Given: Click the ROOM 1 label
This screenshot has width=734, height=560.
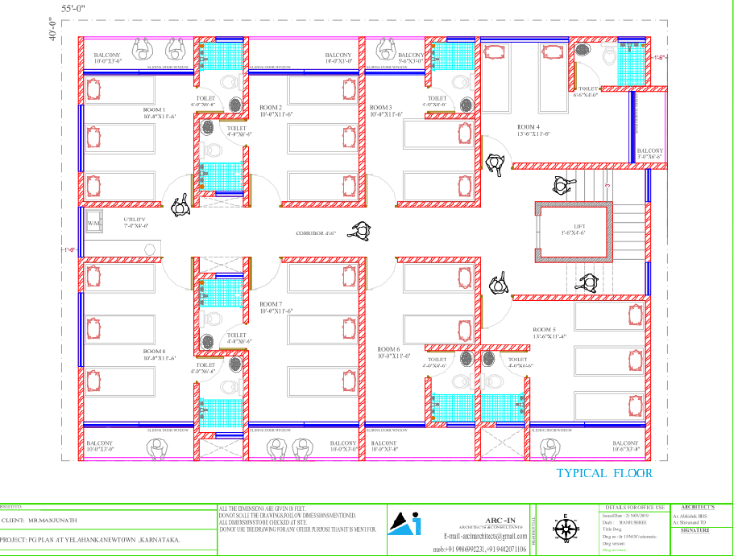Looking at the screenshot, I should pos(154,109).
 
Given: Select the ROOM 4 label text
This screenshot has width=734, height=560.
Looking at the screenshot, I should pos(528,127).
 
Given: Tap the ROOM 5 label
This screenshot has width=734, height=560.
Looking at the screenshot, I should pos(544,330).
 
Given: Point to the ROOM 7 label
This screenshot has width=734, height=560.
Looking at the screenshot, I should pos(271,304).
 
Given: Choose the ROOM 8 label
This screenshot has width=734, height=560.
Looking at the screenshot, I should pos(154,352).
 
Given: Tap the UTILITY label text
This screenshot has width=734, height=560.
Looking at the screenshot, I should pos(135,220).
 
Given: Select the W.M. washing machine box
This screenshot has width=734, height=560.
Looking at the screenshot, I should pos(93,223).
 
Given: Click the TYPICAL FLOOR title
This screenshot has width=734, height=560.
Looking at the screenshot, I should pos(604,473).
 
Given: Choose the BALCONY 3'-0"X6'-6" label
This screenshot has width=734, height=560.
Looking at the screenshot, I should pos(649,153).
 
